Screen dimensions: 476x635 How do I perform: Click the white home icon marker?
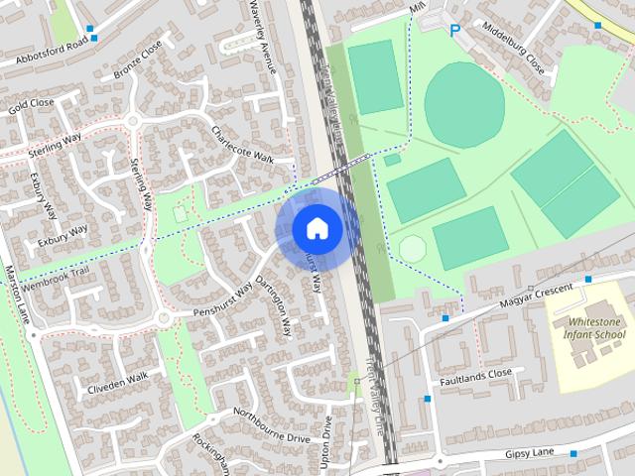317,228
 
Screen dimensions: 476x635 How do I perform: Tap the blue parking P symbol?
455,31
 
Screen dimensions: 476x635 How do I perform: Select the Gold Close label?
31,104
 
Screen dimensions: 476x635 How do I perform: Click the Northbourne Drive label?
272,423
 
